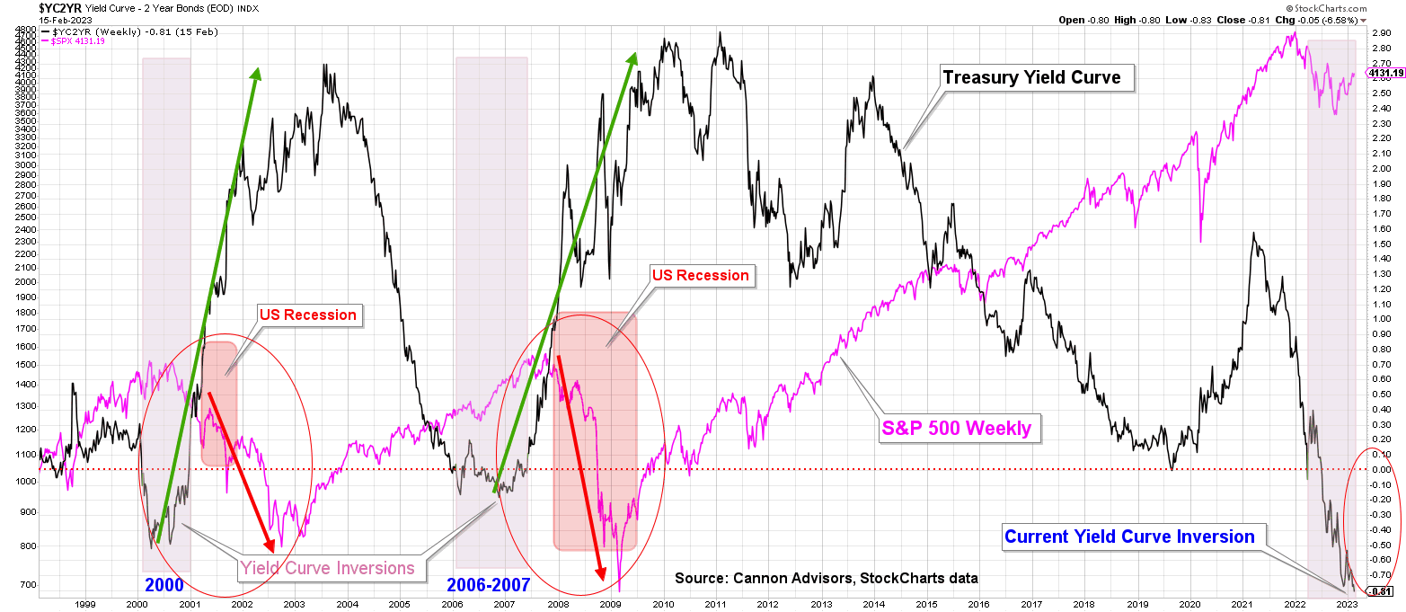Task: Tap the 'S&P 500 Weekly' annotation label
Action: (x=955, y=428)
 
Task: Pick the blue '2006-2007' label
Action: (x=489, y=586)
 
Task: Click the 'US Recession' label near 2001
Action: (x=307, y=315)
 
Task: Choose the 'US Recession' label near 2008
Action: (x=700, y=275)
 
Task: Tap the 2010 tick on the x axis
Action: (x=662, y=605)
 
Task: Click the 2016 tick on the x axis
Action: (x=978, y=605)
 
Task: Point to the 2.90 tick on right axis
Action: (x=1382, y=31)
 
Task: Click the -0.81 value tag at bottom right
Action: (x=1383, y=591)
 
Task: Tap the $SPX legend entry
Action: (x=75, y=41)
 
